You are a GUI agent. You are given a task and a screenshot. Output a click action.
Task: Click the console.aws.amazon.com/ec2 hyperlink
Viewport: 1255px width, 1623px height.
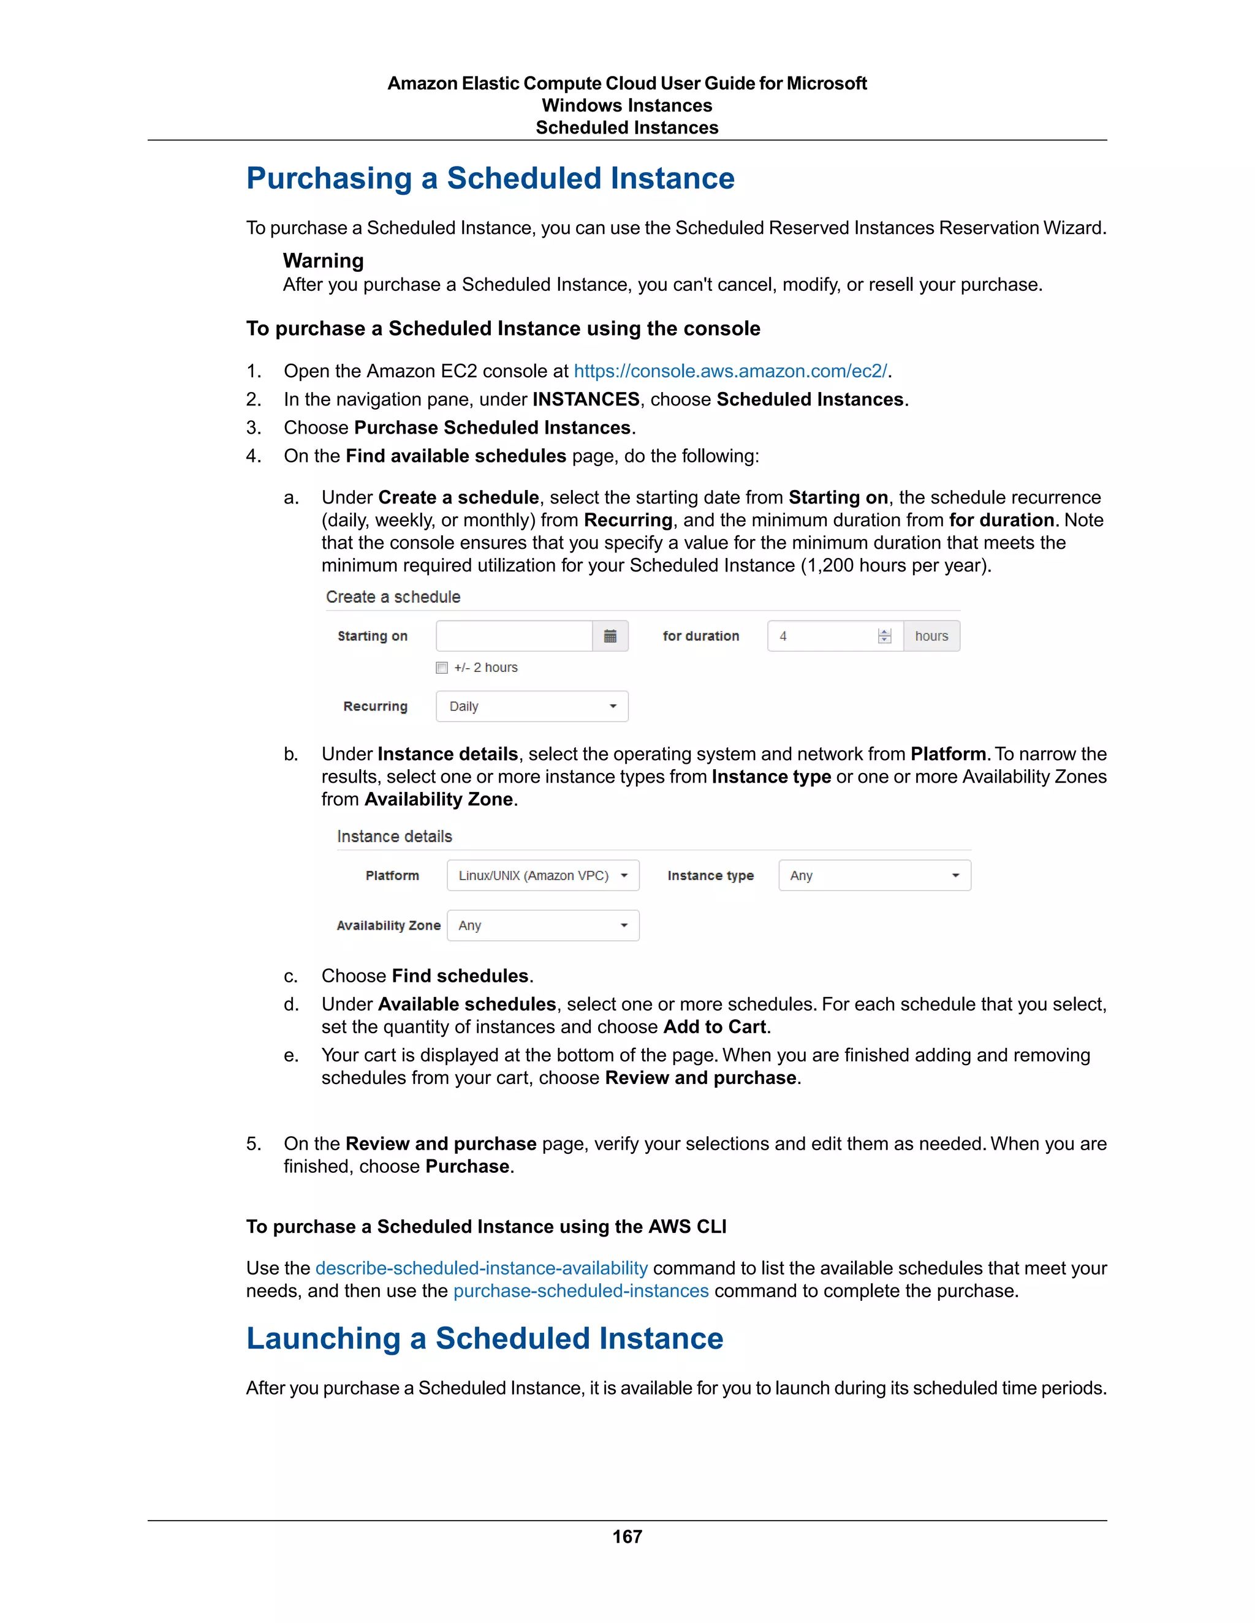(x=730, y=371)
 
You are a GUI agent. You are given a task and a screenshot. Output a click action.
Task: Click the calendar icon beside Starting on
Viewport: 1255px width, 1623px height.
(x=610, y=636)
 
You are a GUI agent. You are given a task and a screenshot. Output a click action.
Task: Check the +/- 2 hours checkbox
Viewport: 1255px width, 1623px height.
(x=442, y=668)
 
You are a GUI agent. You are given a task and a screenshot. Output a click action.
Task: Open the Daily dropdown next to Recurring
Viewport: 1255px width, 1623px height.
(x=531, y=706)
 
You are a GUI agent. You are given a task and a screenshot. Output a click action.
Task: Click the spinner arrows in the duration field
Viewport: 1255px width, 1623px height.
(x=884, y=636)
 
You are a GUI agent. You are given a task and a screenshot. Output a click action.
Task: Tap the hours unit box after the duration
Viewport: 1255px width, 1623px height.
(x=931, y=636)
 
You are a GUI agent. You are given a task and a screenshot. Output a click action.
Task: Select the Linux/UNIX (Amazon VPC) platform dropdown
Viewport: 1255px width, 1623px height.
(x=543, y=875)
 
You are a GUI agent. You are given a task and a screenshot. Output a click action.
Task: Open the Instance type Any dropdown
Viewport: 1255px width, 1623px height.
(x=874, y=875)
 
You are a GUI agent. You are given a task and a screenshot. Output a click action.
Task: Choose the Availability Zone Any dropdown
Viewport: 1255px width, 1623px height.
(x=543, y=925)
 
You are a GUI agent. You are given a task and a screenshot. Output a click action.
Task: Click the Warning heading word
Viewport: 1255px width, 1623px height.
(x=324, y=261)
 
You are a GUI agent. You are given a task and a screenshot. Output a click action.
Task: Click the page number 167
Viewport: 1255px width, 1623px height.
(x=627, y=1536)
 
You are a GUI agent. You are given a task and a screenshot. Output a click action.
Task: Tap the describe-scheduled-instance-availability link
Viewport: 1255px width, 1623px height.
(x=481, y=1268)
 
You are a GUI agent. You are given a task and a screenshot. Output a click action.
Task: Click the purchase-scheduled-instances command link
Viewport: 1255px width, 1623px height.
(x=581, y=1291)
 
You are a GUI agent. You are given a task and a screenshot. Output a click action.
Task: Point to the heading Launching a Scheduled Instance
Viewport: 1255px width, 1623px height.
(x=485, y=1338)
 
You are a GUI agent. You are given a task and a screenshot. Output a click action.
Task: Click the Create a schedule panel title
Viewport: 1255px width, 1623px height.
(x=393, y=597)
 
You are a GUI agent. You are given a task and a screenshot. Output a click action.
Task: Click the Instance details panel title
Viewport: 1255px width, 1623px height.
(x=394, y=836)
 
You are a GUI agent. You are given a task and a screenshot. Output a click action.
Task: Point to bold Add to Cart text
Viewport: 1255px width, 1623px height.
(x=714, y=1027)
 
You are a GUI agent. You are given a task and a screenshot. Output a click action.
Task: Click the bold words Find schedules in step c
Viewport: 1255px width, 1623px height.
(x=460, y=976)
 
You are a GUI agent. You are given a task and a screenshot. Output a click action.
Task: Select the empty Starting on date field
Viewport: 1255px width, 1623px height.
(x=514, y=636)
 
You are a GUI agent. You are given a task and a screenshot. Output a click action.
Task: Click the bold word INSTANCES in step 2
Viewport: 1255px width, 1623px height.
(x=585, y=399)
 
